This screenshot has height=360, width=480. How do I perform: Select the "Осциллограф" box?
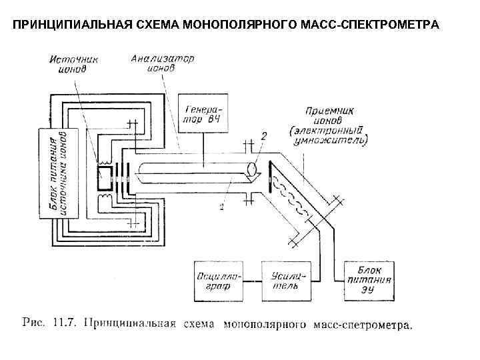tap(217, 281)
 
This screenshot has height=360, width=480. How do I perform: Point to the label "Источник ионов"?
tap(75, 63)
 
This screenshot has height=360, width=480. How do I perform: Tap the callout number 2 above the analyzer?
tap(264, 136)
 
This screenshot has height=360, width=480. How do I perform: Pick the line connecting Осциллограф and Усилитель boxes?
tap(253, 281)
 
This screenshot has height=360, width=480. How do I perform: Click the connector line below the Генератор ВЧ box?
tap(202, 143)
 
